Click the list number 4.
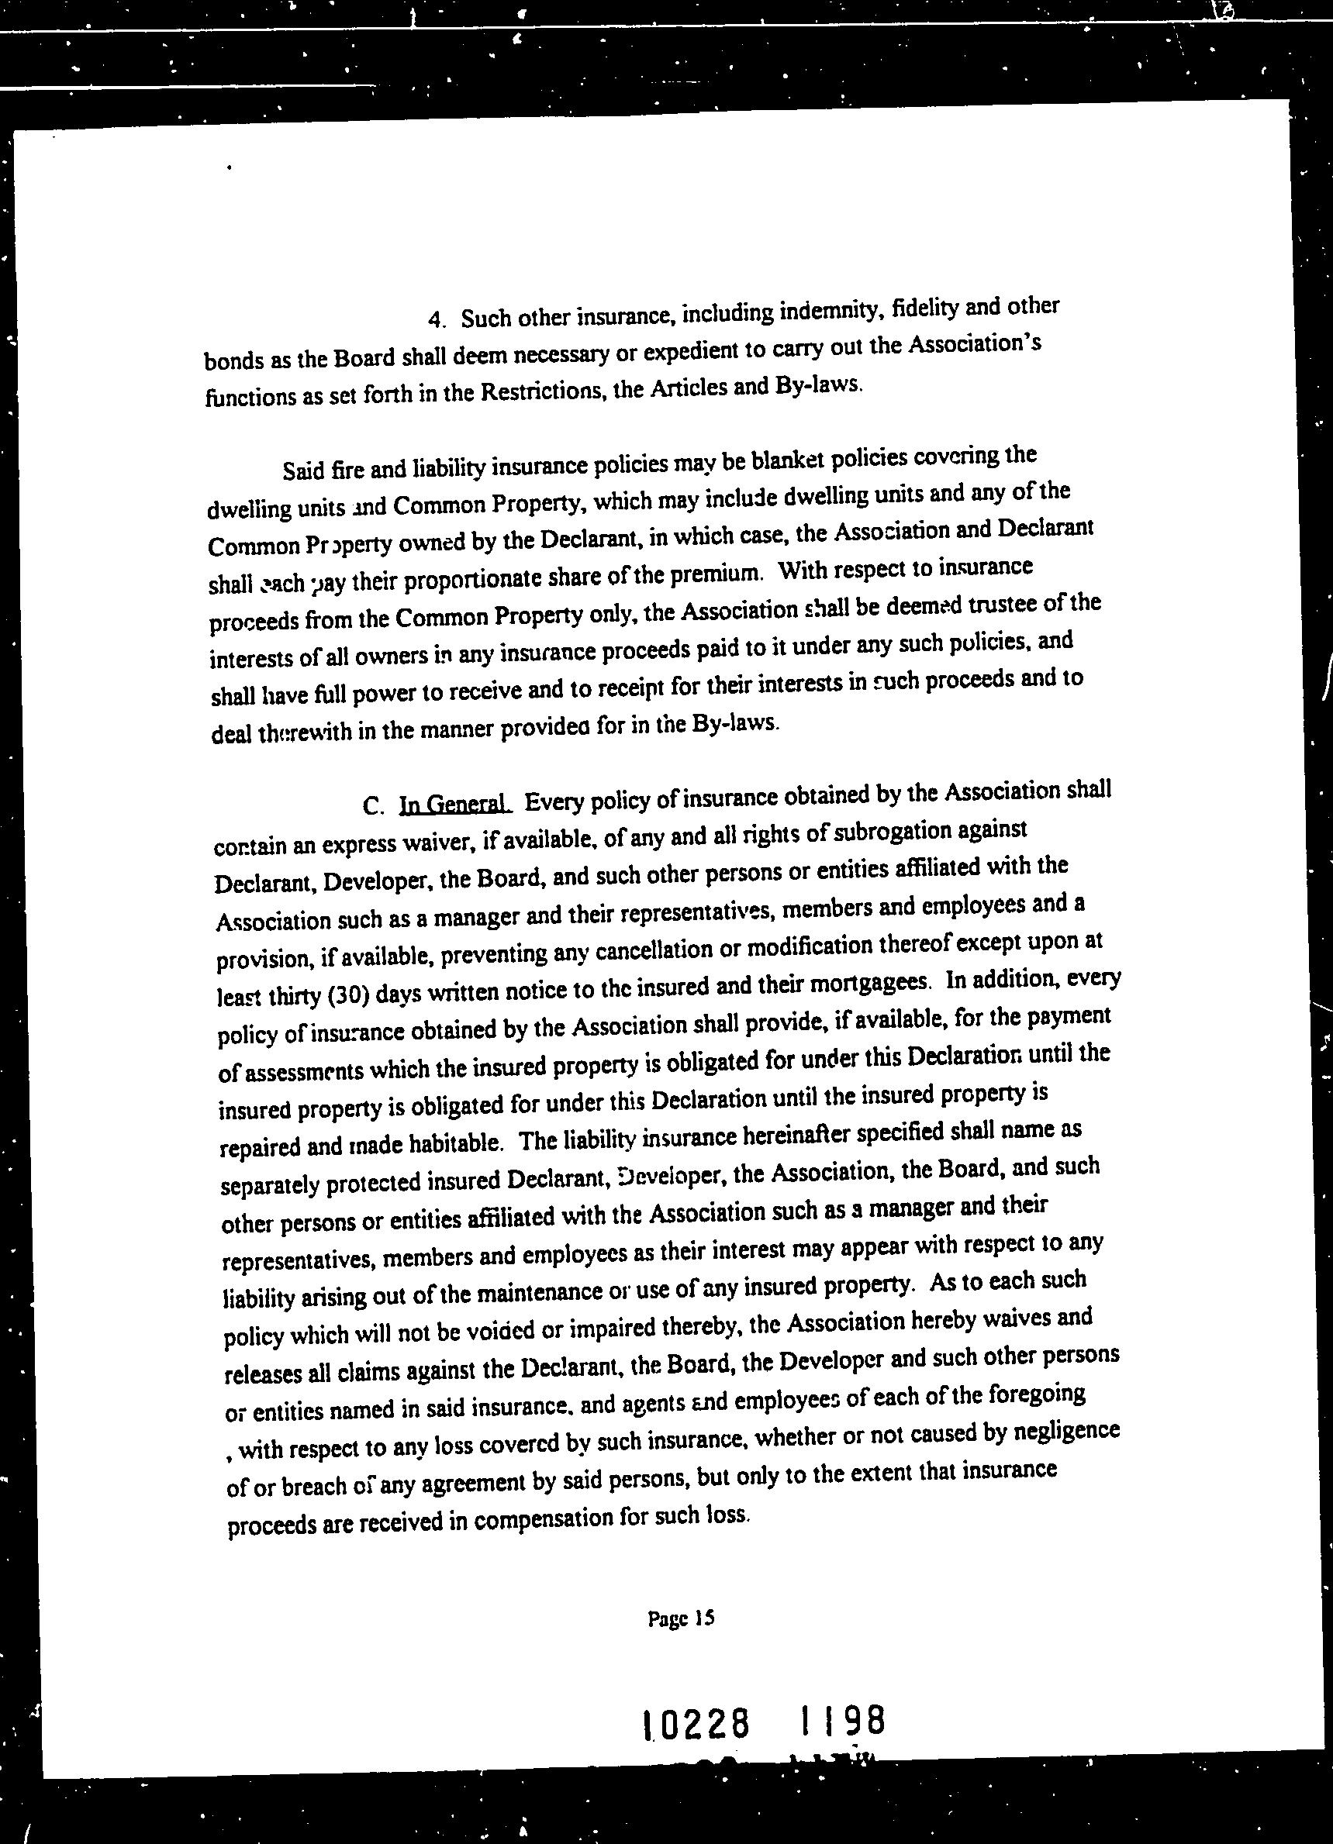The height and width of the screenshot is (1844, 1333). pyautogui.click(x=434, y=319)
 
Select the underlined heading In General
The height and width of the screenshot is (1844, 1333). pyautogui.click(x=454, y=804)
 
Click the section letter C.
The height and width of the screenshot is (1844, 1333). pyautogui.click(x=372, y=807)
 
